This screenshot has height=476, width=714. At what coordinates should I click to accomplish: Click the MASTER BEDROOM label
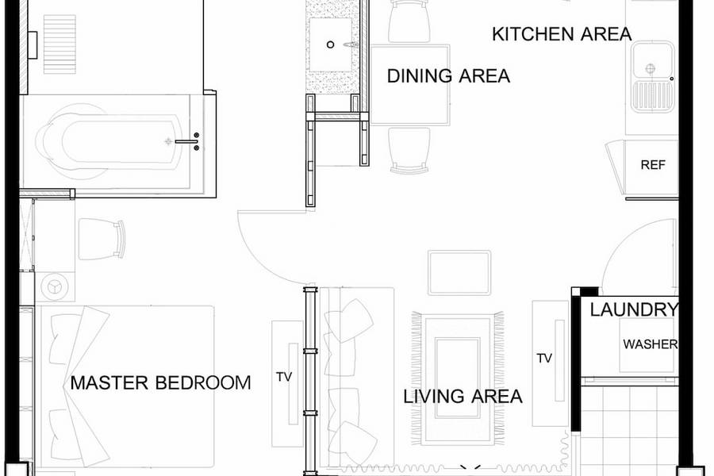160,382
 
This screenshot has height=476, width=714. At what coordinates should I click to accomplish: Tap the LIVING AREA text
463,397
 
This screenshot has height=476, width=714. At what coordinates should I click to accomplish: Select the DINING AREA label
448,75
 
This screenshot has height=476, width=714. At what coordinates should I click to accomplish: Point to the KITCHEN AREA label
562,34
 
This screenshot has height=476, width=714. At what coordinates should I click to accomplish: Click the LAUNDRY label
634,309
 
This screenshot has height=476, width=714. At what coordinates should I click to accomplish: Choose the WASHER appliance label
651,344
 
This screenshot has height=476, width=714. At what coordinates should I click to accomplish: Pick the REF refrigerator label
653,164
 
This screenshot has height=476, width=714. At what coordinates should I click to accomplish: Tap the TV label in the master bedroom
284,377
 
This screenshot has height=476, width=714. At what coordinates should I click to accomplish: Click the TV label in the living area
544,359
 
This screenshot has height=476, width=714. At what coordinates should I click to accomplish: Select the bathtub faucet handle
186,142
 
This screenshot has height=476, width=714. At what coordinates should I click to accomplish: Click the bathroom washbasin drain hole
331,44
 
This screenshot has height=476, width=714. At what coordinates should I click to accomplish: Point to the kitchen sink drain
651,69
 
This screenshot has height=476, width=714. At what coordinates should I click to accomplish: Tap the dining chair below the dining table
409,150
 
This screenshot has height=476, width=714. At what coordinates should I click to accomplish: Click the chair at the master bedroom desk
102,239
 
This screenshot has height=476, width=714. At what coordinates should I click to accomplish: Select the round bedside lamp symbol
55,286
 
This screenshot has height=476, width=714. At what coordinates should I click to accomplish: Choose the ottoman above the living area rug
459,272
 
